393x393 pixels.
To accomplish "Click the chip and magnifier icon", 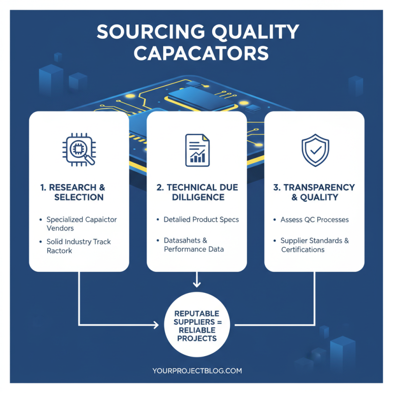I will click(79, 148).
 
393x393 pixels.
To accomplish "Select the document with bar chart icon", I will click(196, 149).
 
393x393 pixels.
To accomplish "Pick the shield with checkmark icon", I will click(314, 149).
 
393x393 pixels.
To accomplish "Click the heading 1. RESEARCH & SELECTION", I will click(79, 192).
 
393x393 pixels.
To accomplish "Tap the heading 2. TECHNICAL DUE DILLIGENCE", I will click(196, 192).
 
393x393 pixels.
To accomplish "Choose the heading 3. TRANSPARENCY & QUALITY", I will click(314, 192).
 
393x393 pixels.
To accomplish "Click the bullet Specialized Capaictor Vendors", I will click(81, 224).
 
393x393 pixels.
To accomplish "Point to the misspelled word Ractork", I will click(59, 251).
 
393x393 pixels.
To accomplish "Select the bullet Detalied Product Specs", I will click(201, 219).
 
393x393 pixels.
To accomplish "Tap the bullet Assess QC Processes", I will click(314, 220).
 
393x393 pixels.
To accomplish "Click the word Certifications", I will click(303, 250).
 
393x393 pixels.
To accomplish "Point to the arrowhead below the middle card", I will click(196, 284).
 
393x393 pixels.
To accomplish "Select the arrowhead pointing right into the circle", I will click(156, 325).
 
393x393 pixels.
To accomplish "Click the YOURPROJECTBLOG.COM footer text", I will click(196, 371).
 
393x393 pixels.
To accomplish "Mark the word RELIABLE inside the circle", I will click(196, 331).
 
